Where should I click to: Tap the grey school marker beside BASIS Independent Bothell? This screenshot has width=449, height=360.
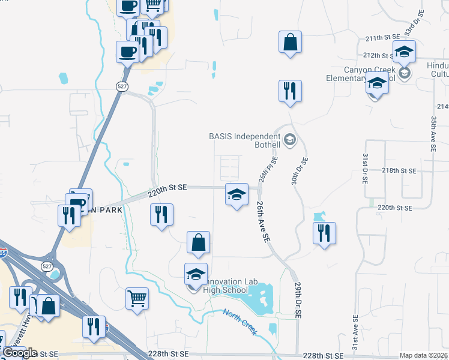pyautogui.click(x=291, y=140)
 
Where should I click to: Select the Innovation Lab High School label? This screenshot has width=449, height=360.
pyautogui.click(x=225, y=286)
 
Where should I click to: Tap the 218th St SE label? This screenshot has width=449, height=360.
pyautogui.click(x=399, y=171)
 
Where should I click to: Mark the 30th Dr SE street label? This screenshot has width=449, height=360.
pyautogui.click(x=304, y=170)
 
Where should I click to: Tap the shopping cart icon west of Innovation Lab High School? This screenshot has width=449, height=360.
pyautogui.click(x=137, y=297)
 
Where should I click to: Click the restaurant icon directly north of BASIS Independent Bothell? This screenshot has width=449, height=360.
pyautogui.click(x=290, y=91)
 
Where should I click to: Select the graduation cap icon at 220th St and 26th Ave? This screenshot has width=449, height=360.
pyautogui.click(x=237, y=194)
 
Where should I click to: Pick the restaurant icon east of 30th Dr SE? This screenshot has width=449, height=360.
pyautogui.click(x=324, y=233)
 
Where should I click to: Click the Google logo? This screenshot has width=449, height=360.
pyautogui.click(x=19, y=353)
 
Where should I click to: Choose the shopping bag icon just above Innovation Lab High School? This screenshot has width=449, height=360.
pyautogui.click(x=198, y=242)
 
